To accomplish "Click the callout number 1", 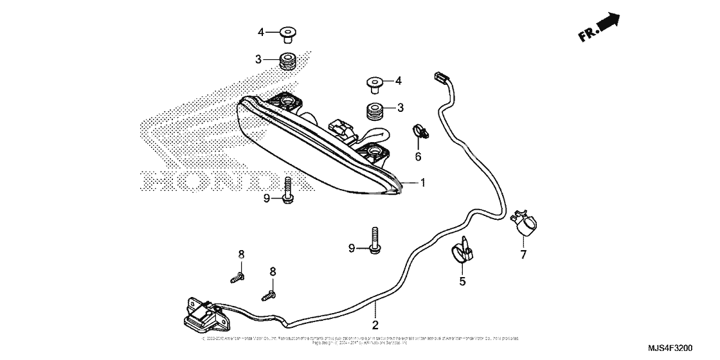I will click(422, 183).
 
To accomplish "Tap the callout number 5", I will click(462, 280).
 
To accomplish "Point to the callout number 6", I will click(418, 156).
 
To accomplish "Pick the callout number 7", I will click(523, 255).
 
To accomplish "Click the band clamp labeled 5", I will click(465, 252).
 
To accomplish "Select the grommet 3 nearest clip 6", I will click(374, 111).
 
